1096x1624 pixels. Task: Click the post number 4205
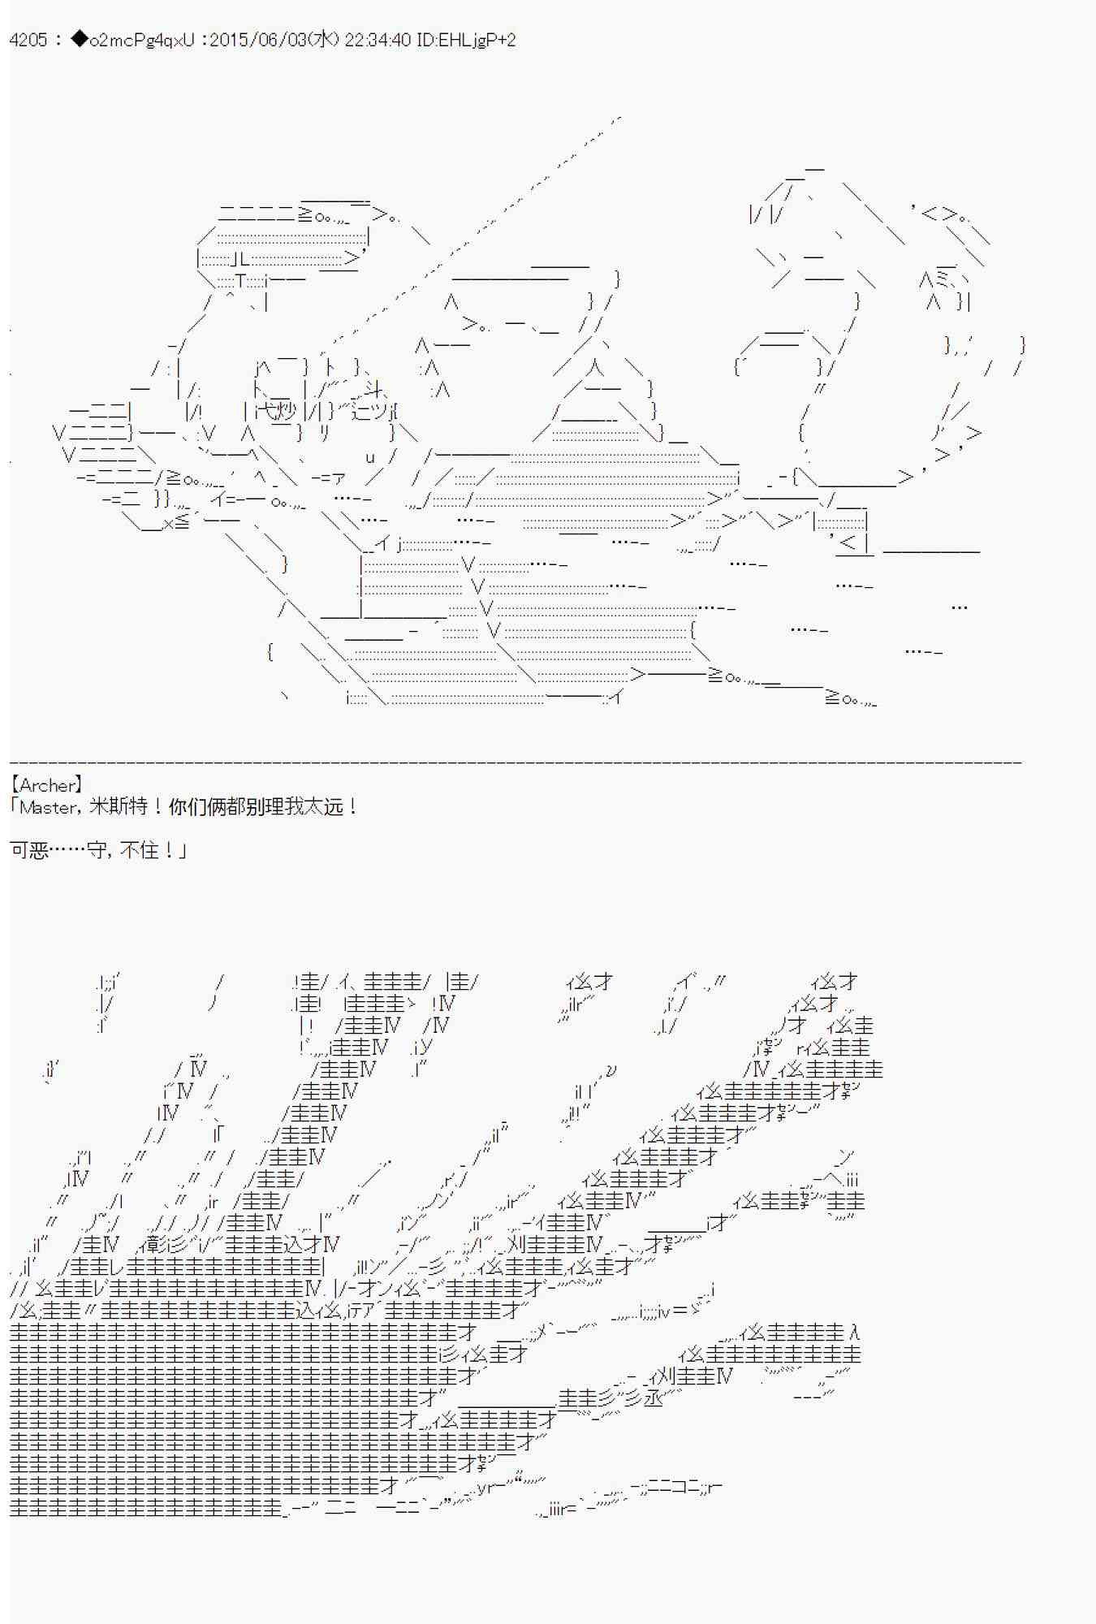tap(28, 40)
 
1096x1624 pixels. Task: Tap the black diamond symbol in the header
tap(79, 40)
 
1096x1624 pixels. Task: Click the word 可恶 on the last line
tap(29, 850)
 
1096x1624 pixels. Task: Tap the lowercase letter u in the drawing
tap(369, 456)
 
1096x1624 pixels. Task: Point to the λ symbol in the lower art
tap(853, 1332)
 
